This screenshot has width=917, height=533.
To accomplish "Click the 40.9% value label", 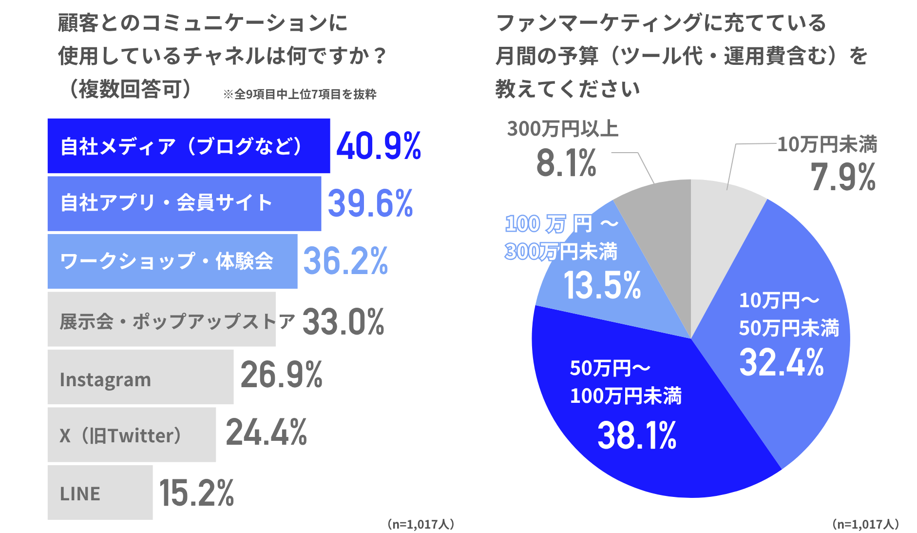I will click(379, 146).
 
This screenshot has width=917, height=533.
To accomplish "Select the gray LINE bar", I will click(100, 493).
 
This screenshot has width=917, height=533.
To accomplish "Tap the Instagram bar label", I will click(105, 379).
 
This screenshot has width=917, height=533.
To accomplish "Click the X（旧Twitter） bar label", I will click(120, 435).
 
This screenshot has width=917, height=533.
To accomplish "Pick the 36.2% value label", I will click(345, 261).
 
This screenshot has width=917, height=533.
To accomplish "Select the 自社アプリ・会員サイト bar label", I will click(166, 203).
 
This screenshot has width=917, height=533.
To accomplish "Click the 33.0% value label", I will click(344, 322).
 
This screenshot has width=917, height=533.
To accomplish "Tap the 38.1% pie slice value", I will click(637, 435).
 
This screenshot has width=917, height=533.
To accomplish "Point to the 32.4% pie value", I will click(782, 362).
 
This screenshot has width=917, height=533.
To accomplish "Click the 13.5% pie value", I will click(602, 285).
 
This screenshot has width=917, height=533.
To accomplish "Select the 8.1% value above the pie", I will click(566, 163).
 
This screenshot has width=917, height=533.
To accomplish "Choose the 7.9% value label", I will click(843, 177).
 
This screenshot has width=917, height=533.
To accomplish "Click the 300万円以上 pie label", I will click(563, 129).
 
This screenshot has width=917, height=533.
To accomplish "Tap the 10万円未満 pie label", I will click(827, 144).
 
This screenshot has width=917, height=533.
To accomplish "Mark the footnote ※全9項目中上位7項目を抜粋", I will click(300, 94).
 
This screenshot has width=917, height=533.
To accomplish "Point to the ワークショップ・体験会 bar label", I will click(166, 261).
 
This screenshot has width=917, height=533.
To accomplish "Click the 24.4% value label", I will click(267, 433).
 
